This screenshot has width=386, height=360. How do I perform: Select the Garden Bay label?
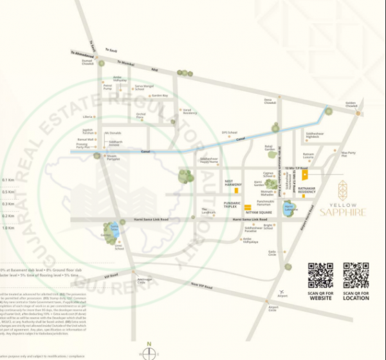pos(160,95)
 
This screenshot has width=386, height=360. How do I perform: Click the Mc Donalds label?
pos(113,133)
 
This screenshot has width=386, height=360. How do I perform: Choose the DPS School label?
pos(230,133)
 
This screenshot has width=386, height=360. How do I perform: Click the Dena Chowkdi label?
pos(270,101)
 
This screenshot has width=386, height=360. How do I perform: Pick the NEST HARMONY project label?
pos(233,182)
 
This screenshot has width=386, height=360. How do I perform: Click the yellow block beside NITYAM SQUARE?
pos(247,207)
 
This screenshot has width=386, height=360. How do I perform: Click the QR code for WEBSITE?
pos(320,276)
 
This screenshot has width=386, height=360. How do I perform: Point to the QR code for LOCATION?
pos(356,276)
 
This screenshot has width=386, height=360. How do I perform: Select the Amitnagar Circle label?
pos(145,280)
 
